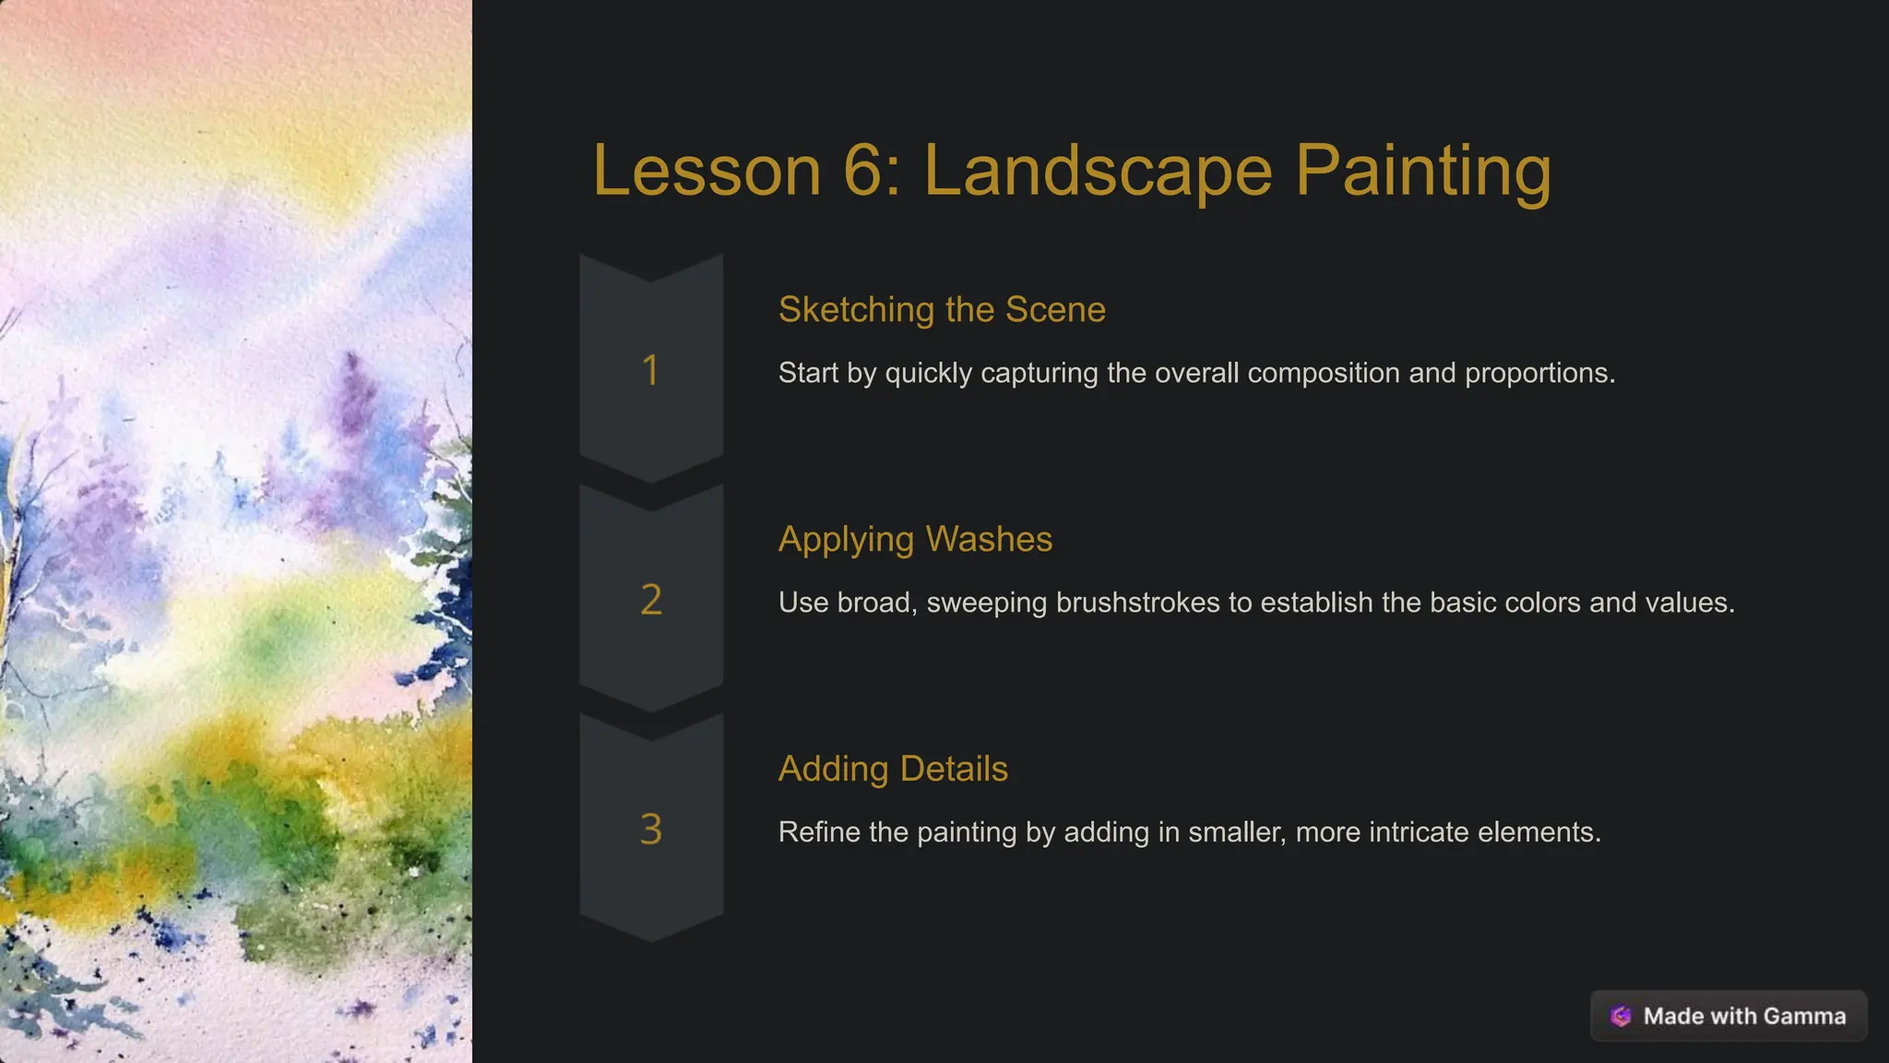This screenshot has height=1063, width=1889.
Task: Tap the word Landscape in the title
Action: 1098,171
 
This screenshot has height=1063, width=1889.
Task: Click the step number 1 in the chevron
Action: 650,371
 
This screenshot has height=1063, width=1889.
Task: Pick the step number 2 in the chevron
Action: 651,600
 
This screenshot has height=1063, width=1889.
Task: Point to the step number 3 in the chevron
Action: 651,830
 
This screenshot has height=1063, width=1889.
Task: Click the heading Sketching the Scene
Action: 942,310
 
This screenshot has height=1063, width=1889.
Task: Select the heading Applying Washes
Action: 915,540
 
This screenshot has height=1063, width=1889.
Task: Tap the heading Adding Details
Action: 893,769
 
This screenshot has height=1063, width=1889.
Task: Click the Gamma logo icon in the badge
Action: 1621,1016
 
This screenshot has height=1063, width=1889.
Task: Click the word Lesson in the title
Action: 707,171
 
